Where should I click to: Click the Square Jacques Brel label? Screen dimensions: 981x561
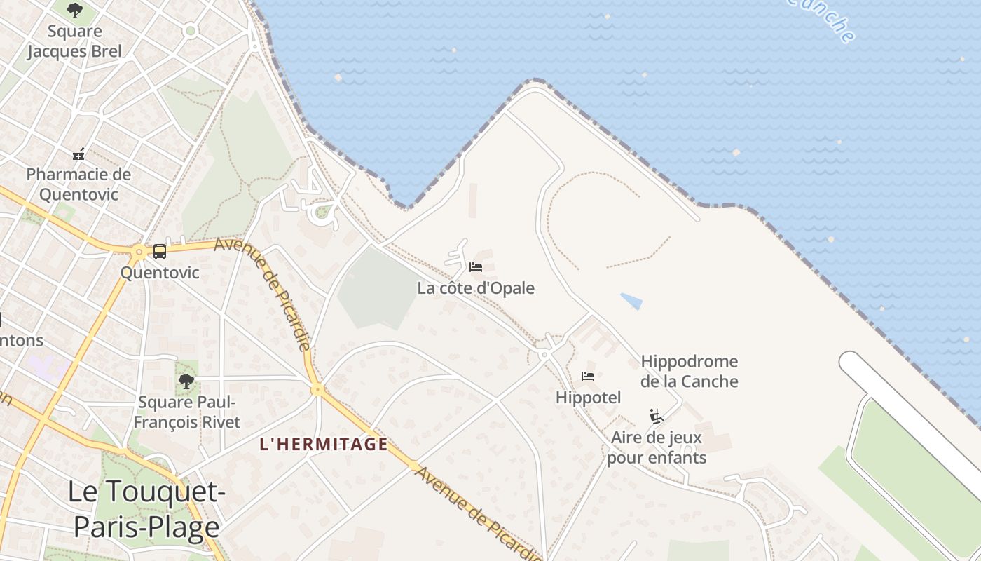(x=74, y=41)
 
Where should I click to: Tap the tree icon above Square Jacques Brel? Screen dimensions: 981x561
(x=74, y=11)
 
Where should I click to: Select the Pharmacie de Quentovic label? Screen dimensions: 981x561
(x=78, y=184)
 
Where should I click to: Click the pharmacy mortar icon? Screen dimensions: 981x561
(x=78, y=154)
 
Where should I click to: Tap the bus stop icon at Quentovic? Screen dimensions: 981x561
(x=160, y=251)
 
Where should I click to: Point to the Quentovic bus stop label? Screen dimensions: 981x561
(x=160, y=273)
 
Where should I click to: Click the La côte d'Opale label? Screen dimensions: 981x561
(x=476, y=288)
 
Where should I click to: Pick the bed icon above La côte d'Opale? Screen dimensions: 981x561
(x=476, y=267)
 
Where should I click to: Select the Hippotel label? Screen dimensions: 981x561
(x=588, y=398)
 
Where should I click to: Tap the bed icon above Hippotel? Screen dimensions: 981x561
(x=588, y=377)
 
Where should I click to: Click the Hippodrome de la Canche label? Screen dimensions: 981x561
(x=690, y=372)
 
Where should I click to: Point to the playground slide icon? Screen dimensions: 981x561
(x=657, y=417)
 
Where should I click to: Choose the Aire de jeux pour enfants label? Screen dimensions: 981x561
(x=657, y=448)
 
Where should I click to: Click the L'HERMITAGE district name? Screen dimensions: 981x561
(x=323, y=444)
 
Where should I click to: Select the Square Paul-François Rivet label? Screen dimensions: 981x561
(x=186, y=412)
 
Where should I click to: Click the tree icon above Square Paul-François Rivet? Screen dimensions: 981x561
(x=186, y=381)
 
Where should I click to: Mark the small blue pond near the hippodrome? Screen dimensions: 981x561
(x=631, y=301)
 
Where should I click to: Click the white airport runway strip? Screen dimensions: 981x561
(x=911, y=414)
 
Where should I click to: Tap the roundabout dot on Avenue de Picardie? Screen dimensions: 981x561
(x=317, y=389)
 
